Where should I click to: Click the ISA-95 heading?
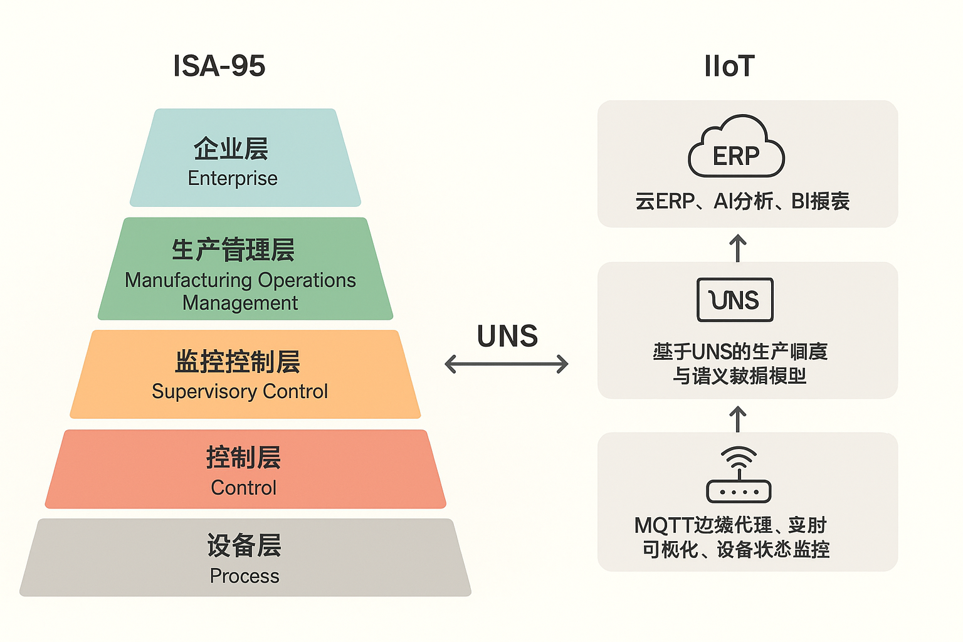click(219, 66)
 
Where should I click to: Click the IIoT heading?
click(729, 66)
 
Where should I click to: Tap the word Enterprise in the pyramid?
click(233, 178)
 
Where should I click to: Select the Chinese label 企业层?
click(231, 149)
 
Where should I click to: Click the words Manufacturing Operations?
click(240, 280)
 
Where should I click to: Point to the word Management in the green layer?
click(240, 303)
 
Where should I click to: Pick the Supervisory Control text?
click(239, 391)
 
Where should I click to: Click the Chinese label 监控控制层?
click(237, 362)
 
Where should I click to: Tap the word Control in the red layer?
click(243, 488)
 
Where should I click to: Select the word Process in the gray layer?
click(245, 576)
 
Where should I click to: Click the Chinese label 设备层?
click(244, 545)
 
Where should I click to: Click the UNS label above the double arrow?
click(507, 337)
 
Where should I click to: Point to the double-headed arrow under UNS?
click(507, 364)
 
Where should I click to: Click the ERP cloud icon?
click(736, 148)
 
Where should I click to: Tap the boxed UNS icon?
click(735, 300)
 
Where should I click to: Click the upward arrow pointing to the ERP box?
click(738, 248)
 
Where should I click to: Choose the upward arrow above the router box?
click(738, 419)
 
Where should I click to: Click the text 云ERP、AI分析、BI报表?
click(742, 201)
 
